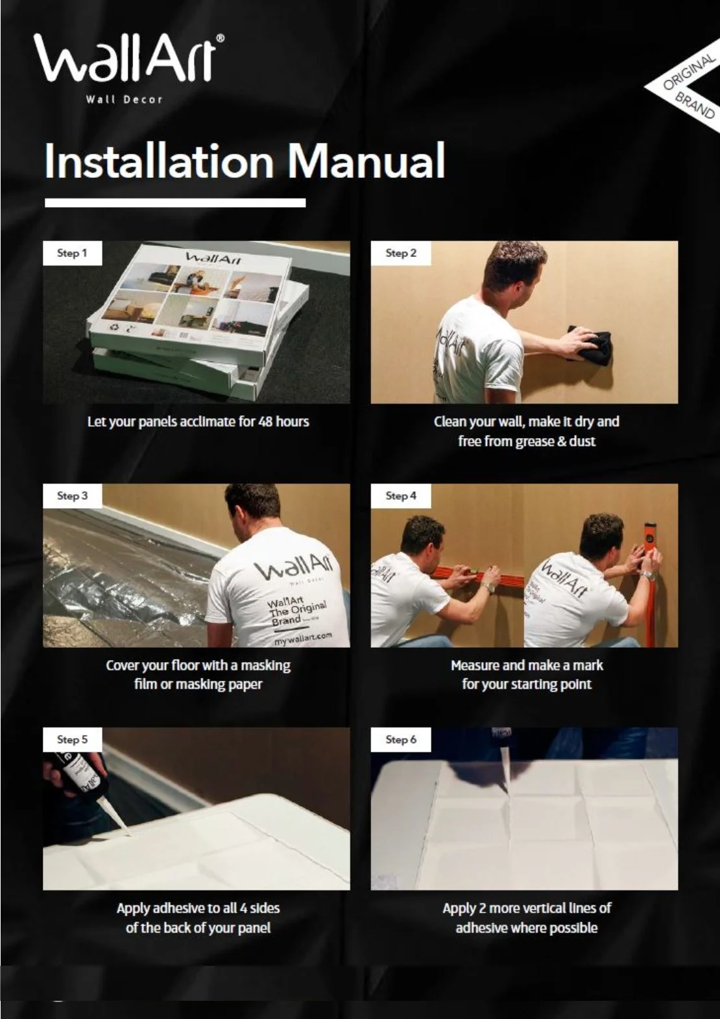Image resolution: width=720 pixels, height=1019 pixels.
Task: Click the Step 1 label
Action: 72,253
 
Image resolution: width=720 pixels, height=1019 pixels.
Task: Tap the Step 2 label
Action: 401,253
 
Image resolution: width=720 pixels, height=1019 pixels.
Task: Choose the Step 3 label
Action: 72,496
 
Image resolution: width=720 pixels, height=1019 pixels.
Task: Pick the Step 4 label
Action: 401,496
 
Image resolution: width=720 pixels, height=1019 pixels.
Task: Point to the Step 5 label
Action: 72,739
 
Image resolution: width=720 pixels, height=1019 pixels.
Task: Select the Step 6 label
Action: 401,739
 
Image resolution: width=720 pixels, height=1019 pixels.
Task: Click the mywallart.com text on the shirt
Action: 303,638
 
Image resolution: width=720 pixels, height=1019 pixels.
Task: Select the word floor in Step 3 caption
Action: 186,665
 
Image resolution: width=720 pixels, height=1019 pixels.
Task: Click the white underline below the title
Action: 175,203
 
